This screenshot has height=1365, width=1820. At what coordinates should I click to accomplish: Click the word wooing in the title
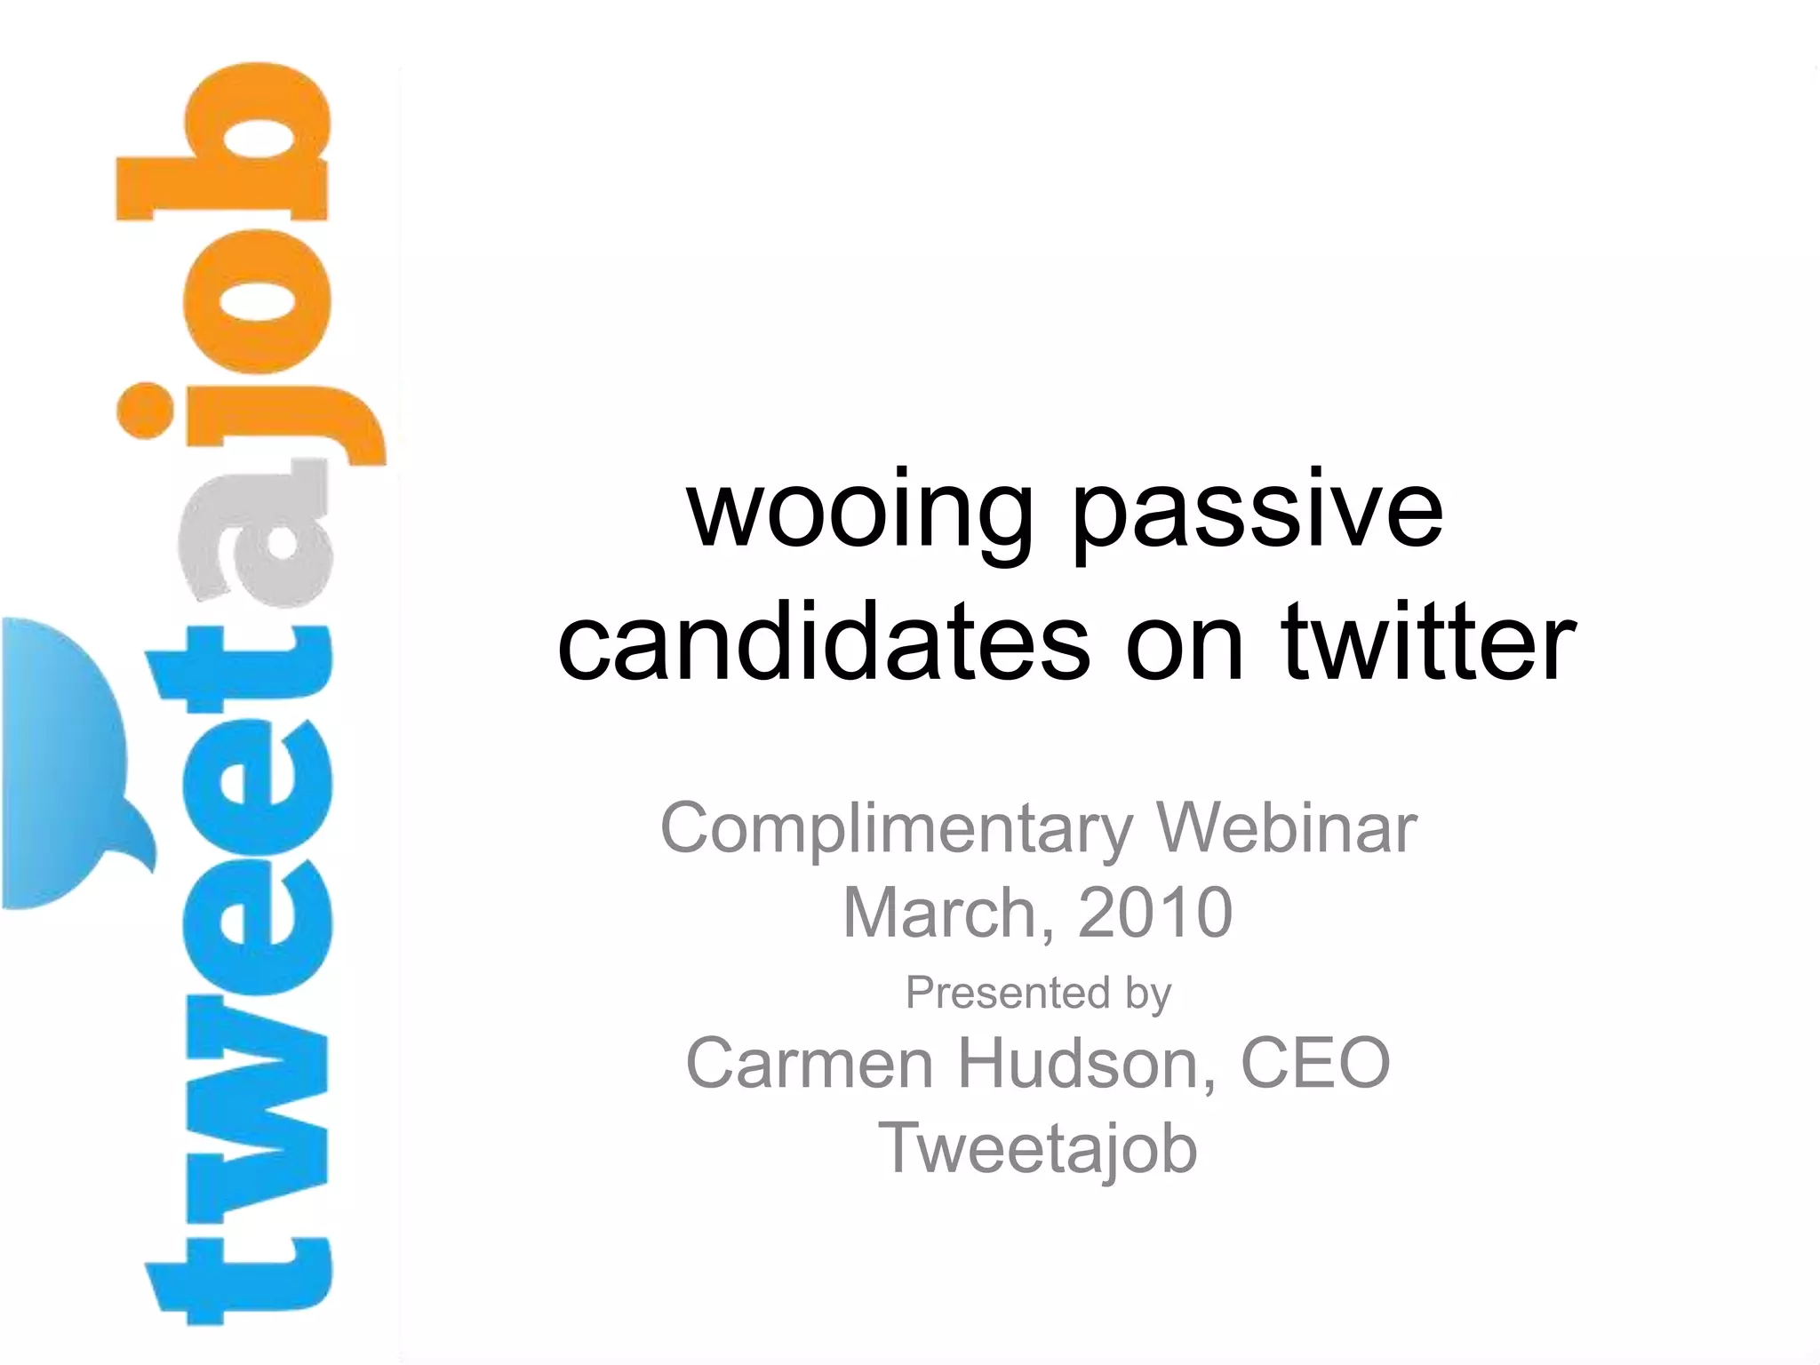[860, 514]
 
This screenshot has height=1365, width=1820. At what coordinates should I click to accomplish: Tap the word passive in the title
[1257, 514]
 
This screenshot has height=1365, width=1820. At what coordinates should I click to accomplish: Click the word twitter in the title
[1428, 642]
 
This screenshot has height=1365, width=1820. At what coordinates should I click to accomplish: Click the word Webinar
[1285, 827]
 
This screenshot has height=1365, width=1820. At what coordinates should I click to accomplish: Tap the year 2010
[1154, 914]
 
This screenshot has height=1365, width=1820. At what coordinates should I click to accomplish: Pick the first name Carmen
[809, 1063]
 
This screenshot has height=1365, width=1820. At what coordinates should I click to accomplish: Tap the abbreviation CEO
[1314, 1063]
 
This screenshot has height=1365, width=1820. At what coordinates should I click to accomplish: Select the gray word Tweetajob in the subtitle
[1037, 1148]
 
